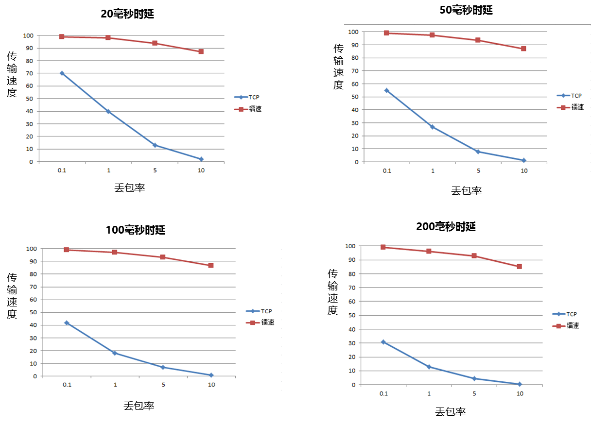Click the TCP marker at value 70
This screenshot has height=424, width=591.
62,73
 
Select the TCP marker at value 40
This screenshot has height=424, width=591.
108,111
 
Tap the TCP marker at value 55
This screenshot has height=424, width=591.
387,90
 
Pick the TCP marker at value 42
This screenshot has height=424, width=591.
67,322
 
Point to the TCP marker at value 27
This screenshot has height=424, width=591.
432,127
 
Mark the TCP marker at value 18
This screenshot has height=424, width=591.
115,353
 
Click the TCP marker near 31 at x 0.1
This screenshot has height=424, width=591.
383,342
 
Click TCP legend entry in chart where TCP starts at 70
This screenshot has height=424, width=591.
247,97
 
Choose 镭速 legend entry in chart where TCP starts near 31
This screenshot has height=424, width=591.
566,326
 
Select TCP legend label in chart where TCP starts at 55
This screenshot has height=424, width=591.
576,96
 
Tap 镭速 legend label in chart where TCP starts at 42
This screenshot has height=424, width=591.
268,322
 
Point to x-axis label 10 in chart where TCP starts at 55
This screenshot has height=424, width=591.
524,171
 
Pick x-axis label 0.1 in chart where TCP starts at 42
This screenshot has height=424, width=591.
67,385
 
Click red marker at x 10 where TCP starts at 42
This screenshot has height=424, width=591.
211,265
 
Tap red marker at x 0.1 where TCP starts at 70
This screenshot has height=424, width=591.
62,36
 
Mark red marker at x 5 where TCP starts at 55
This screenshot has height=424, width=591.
478,40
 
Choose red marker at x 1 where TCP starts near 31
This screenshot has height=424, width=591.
429,251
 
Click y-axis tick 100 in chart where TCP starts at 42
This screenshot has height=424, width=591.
31,249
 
